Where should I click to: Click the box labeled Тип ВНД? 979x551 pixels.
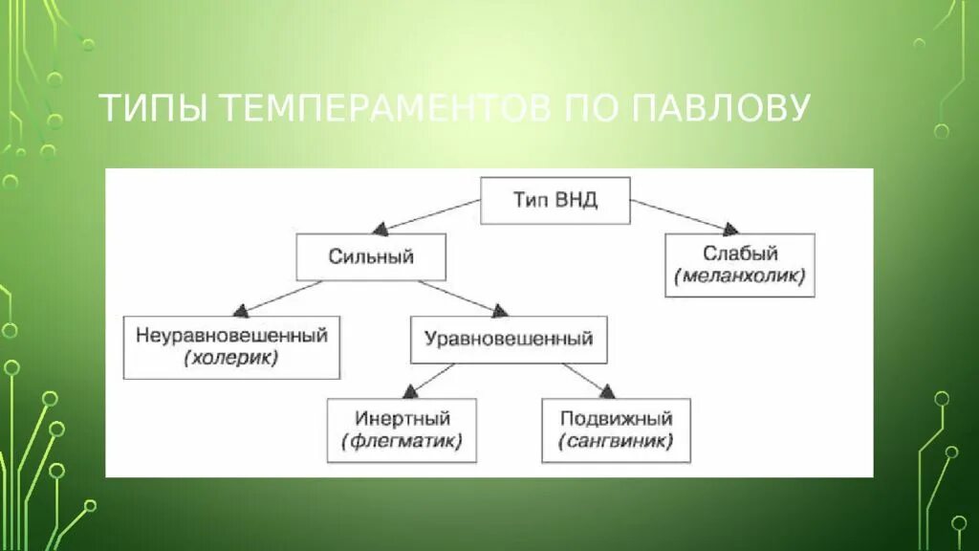click(x=555, y=200)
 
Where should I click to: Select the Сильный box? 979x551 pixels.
click(x=371, y=256)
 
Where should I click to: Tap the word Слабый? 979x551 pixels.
click(x=740, y=253)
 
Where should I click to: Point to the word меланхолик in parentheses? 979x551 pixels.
click(x=740, y=277)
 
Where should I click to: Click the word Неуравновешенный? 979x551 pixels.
click(x=231, y=336)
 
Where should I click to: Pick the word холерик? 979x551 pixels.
click(x=231, y=359)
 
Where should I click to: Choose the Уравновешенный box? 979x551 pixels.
click(x=508, y=339)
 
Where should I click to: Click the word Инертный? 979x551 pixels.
click(x=402, y=418)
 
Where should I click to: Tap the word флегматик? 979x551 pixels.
click(x=402, y=442)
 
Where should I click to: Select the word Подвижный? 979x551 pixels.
click(x=616, y=418)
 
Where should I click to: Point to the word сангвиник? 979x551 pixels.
click(x=616, y=442)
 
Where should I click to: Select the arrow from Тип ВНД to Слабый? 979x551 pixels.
click(x=685, y=216)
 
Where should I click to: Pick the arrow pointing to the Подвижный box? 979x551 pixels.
click(x=582, y=379)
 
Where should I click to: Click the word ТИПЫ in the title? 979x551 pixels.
click(x=154, y=109)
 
